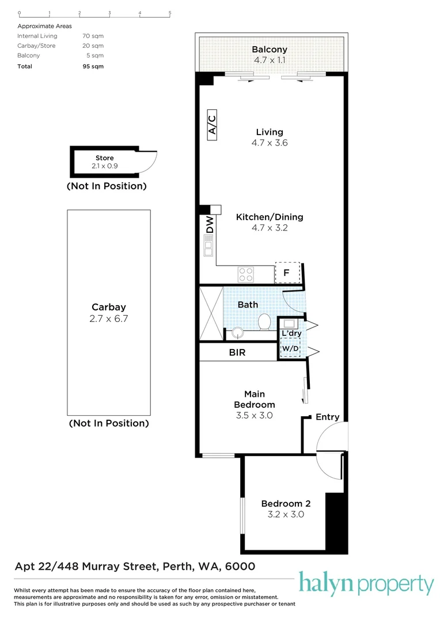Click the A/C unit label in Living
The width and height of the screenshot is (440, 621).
pos(211,125)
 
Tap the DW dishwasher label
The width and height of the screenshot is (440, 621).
pos(210,225)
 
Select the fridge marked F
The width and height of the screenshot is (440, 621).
pos(287,273)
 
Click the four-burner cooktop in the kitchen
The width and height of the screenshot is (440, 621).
pos(246,274)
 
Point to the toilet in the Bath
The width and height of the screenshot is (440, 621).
pos(265,323)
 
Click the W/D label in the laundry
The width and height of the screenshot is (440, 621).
pos(289,348)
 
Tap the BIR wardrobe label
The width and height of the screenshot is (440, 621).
pos(237,352)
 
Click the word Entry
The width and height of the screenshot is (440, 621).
pos(327,417)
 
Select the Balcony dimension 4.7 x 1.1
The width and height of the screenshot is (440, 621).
pos(270,60)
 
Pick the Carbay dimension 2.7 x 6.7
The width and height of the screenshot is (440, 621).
pos(109,318)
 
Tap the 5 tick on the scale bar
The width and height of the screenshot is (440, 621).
pos(169,13)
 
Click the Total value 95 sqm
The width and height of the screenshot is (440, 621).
pos(93,66)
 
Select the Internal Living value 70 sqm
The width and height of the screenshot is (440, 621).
pos(93,36)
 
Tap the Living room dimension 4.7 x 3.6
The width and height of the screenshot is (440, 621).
pos(270,143)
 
